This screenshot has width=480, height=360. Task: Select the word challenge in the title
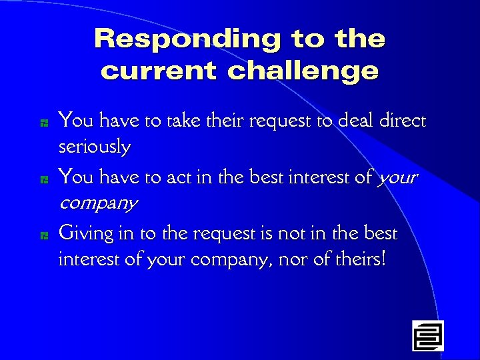tap(303, 71)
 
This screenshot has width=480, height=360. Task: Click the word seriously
tap(95, 147)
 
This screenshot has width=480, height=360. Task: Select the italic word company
tap(98, 203)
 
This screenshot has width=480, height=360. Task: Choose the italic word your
tap(397, 177)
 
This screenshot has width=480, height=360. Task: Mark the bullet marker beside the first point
tap(42, 123)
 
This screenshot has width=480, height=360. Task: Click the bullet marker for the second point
tap(42, 179)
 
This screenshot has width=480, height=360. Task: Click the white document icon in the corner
tap(427, 335)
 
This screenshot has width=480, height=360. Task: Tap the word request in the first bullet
tap(259, 121)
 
